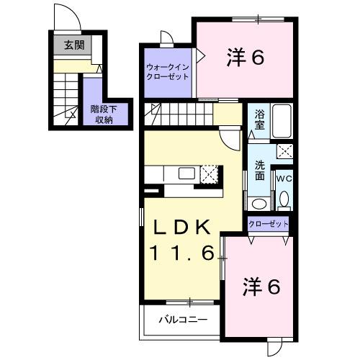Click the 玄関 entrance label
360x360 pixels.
(73, 45)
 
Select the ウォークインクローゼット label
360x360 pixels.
(167, 71)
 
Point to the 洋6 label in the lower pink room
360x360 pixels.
(259, 287)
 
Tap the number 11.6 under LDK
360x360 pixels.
(181, 253)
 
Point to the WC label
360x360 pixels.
(283, 177)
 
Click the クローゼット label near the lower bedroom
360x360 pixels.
(269, 225)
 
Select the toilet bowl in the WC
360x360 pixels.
(284, 199)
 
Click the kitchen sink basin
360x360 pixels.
(186, 173)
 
